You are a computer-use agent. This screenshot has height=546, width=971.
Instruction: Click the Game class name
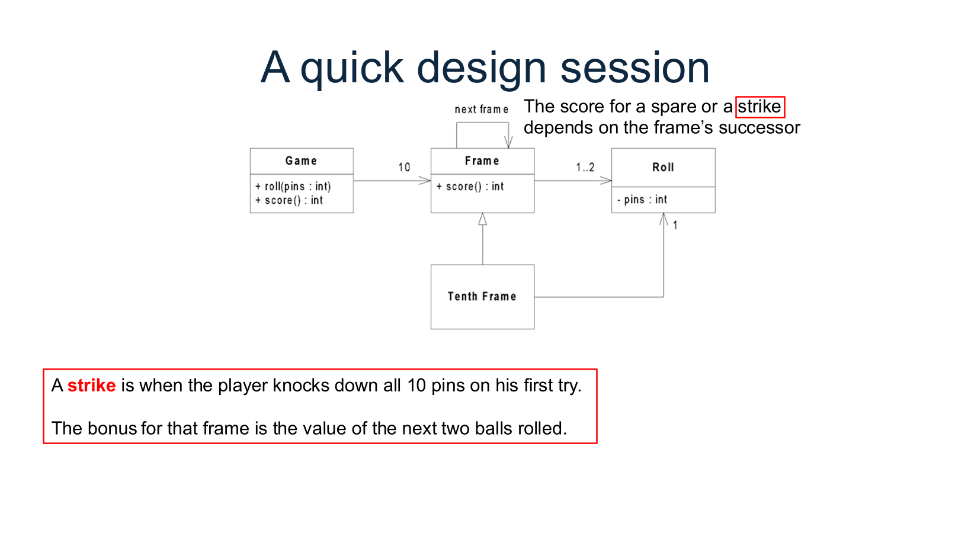pyautogui.click(x=301, y=160)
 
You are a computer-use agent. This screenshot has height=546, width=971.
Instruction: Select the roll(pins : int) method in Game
pyautogui.click(x=293, y=187)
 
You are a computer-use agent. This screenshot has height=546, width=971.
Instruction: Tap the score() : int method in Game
pyautogui.click(x=289, y=200)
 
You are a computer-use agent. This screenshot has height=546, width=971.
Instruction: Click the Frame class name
pyautogui.click(x=482, y=160)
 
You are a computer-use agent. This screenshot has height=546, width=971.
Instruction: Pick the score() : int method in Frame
pyautogui.click(x=470, y=187)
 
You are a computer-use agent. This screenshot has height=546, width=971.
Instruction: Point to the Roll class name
pyautogui.click(x=663, y=167)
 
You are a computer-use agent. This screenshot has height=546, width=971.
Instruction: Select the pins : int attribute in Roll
pyautogui.click(x=642, y=200)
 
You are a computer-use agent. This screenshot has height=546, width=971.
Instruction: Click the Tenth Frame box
pyautogui.click(x=482, y=296)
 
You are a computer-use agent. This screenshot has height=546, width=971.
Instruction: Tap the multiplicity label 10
pyautogui.click(x=404, y=167)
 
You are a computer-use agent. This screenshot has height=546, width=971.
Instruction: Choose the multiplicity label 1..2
pyautogui.click(x=585, y=167)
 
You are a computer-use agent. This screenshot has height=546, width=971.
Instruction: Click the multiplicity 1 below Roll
pyautogui.click(x=675, y=225)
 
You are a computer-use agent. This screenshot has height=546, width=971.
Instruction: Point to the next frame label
pyautogui.click(x=481, y=110)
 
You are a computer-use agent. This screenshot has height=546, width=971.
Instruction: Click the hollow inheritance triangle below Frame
pyautogui.click(x=482, y=219)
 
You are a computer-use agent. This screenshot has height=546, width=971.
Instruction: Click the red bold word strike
pyautogui.click(x=91, y=386)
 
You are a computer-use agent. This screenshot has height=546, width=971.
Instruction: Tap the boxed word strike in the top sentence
pyautogui.click(x=760, y=107)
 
